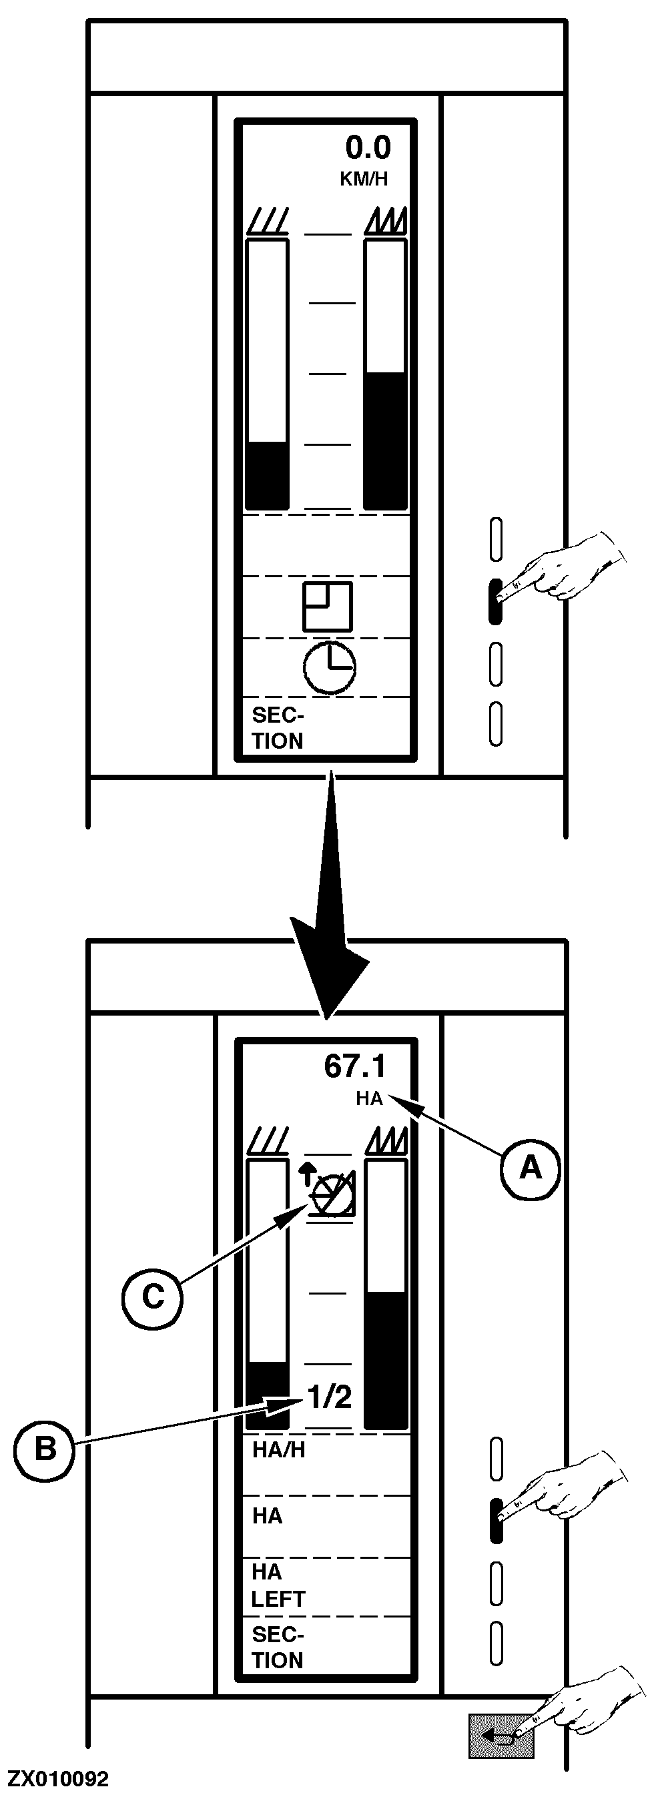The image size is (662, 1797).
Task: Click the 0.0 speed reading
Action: coord(368,148)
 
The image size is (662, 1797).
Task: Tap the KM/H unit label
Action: coord(364,179)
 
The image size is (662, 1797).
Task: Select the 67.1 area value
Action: coord(354,1066)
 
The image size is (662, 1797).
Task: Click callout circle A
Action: coord(530,1168)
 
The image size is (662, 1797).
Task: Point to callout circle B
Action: coord(45,1449)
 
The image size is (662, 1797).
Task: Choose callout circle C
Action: coord(152,1297)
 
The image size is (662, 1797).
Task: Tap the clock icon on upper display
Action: coord(329,667)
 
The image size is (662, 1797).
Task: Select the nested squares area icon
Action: coord(327,606)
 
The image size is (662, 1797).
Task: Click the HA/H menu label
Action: coord(278,1450)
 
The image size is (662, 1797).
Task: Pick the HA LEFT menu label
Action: coord(278,1586)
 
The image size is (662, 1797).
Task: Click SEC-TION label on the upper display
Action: coord(278,727)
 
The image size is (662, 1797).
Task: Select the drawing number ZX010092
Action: coord(58,1778)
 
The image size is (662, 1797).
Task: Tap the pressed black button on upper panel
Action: coord(495,601)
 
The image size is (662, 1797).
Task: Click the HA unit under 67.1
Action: coord(369,1099)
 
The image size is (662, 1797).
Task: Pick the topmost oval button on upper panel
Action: coord(496,539)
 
